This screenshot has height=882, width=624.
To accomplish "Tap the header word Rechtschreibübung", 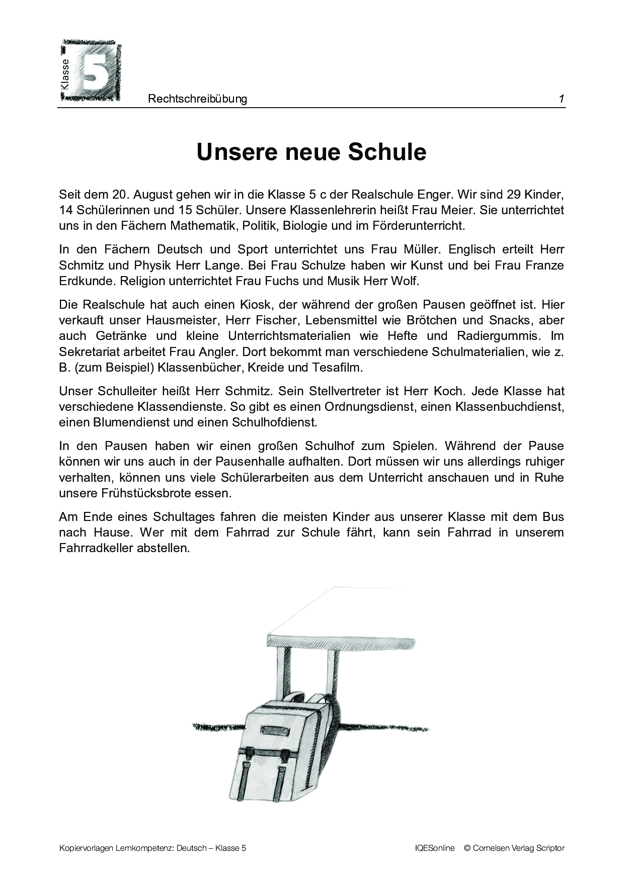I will (197, 99).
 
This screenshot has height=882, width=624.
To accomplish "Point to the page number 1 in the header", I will (561, 99).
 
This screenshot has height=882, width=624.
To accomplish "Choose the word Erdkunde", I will (84, 281).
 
